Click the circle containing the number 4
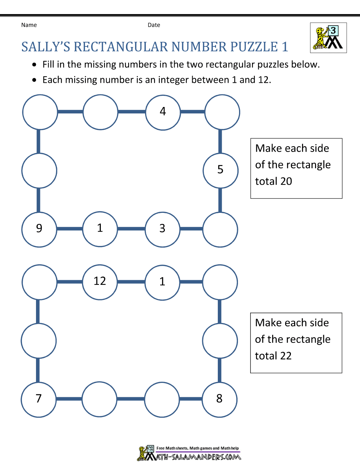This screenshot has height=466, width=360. pos(163,112)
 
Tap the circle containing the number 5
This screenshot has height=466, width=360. pos(220,170)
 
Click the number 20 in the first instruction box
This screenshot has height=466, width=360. pos(286,181)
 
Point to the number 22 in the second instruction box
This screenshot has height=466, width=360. pos(285,356)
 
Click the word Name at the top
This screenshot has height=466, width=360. pos(29,25)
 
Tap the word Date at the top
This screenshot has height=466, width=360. pos(154,25)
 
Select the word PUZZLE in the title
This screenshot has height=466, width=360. pos(254,47)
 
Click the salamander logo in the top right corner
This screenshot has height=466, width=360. pos(328,37)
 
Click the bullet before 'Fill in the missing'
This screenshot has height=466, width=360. pos(34,65)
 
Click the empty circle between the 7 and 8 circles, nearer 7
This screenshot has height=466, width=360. pos(99,399)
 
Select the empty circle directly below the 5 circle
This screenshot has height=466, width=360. pos(220,229)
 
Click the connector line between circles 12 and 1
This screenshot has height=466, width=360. pos(131,282)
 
